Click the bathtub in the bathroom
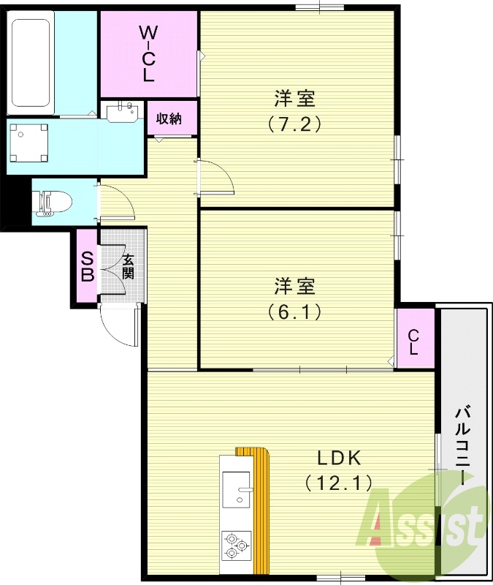click(x=30, y=63)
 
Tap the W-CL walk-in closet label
click(x=148, y=53)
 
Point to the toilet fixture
click(x=54, y=201)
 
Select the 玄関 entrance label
click(x=128, y=268)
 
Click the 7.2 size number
click(x=294, y=123)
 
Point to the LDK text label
click(x=339, y=458)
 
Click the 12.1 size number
click(x=339, y=482)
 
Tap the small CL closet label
click(x=413, y=341)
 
